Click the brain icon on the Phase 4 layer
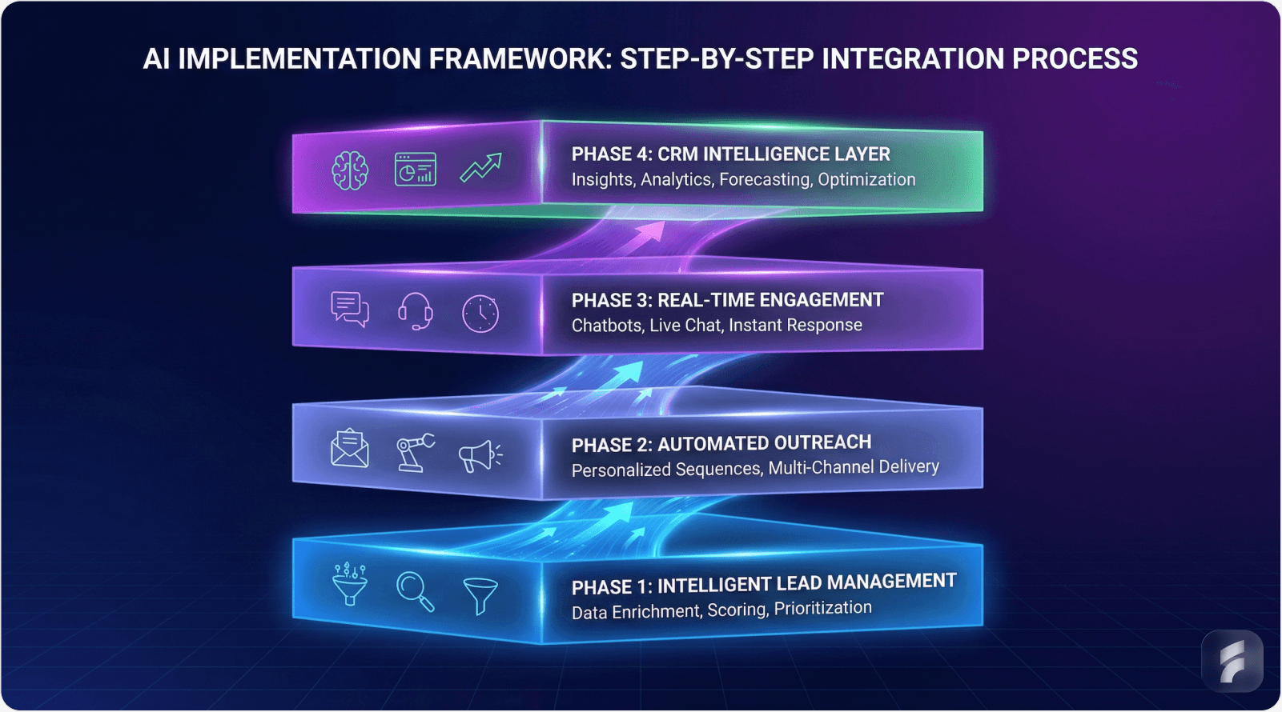350,170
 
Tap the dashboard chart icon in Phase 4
416,169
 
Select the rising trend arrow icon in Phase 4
480,168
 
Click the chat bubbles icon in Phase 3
350,309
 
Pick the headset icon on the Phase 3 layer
416,311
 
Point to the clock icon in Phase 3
480,314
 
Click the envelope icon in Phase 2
350,449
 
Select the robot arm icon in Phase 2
416,453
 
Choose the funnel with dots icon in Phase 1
350,584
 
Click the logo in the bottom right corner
1232,662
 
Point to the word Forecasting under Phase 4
765,180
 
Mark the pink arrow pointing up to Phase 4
650,232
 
